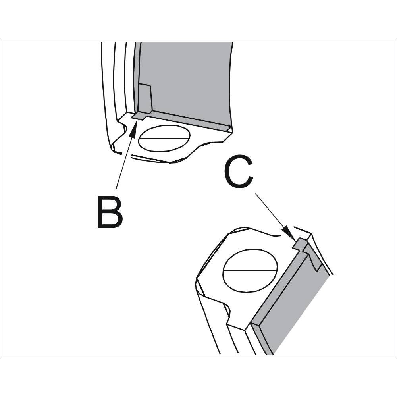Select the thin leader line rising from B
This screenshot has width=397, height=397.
(x=124, y=159)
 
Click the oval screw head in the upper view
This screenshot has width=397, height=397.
(x=164, y=138)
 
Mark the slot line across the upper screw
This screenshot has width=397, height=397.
(x=164, y=139)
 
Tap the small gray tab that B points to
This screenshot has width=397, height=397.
(x=139, y=116)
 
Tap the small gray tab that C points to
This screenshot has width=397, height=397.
(x=299, y=243)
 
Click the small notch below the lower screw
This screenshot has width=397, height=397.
(x=229, y=316)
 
